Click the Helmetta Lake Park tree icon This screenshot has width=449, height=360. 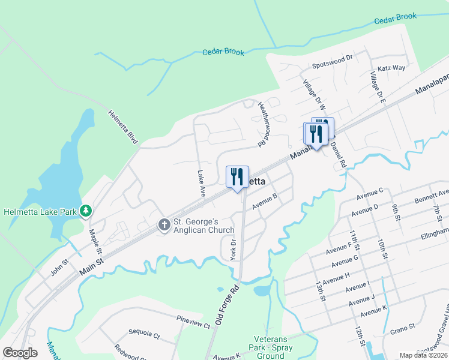[x=86, y=211]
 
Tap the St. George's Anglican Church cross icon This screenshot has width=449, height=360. [x=163, y=225]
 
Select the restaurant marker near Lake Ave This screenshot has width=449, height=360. [x=237, y=177]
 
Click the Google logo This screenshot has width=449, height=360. [x=20, y=352]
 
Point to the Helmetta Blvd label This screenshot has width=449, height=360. [x=123, y=127]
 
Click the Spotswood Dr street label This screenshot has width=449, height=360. [x=331, y=65]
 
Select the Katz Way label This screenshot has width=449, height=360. [x=391, y=68]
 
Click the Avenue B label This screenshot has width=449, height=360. [x=265, y=202]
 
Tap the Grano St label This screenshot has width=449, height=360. [x=403, y=327]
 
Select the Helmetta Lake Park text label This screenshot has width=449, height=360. [x=40, y=211]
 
